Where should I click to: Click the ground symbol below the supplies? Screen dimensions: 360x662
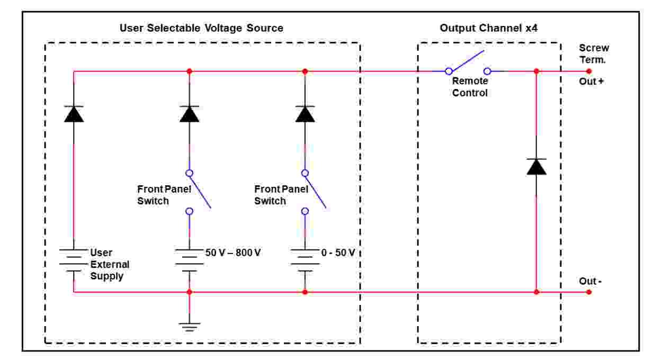coord(189,325)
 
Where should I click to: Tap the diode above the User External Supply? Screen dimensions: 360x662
coord(74,114)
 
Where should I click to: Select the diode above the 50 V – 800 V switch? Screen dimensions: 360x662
coord(189,114)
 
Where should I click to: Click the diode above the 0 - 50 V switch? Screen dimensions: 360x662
coord(305,114)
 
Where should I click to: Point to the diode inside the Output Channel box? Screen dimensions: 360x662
coord(536,167)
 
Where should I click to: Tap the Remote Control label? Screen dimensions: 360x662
coord(470,87)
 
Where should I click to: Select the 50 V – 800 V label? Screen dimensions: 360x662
coord(233,253)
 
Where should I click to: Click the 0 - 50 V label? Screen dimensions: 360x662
coord(338,253)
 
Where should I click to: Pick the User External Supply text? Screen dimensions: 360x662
coord(110,264)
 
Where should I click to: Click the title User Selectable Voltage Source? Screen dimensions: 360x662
coord(201,28)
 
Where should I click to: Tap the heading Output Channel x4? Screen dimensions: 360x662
coord(489,28)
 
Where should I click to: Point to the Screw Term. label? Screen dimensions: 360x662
coord(593,53)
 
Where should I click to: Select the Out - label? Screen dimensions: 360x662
coord(590,281)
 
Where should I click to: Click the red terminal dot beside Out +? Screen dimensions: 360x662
coord(589,71)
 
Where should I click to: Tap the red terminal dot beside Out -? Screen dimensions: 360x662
coord(589,292)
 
